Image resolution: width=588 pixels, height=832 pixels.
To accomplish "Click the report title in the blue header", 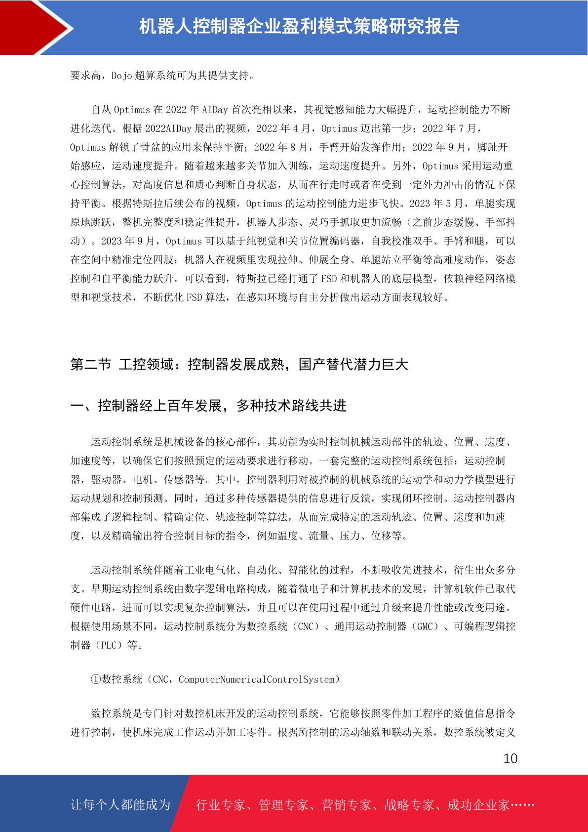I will [299, 26].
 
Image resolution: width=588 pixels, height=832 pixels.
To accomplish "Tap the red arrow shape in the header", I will [35, 27].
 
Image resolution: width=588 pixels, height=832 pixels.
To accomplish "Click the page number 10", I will [510, 759].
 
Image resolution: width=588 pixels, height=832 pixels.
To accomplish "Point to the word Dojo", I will [121, 76].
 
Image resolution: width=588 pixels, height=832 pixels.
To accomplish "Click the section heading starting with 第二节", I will [239, 365].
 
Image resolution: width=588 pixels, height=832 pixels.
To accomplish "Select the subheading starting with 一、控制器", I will [208, 406].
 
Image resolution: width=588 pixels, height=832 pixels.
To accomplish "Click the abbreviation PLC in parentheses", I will [108, 645].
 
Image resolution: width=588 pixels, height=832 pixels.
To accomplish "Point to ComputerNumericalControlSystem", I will [256, 679].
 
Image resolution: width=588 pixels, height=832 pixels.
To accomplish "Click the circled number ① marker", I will [96, 679].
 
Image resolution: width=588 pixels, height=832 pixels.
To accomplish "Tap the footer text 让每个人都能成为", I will [120, 805].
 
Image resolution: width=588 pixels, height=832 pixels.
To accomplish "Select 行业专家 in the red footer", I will [221, 805].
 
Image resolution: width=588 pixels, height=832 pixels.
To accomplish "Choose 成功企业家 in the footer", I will [478, 805].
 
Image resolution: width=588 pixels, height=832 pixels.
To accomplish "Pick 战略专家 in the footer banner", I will [409, 805].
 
